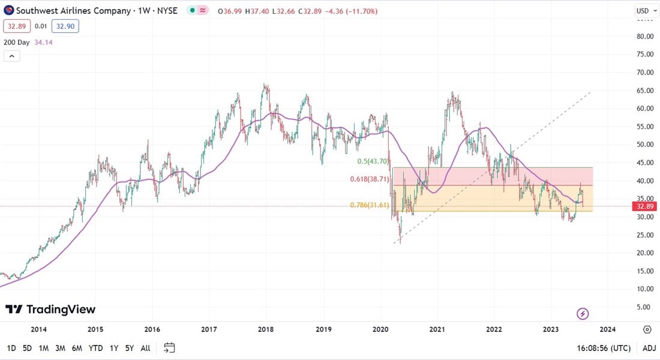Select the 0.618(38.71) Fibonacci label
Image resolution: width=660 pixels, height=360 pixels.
(x=370, y=179)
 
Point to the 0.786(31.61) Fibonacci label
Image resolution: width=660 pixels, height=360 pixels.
(x=370, y=205)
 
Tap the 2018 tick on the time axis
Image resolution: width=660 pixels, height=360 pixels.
(x=266, y=329)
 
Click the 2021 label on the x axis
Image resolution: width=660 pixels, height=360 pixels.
(x=437, y=329)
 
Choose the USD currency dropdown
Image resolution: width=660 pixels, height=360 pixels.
(x=646, y=11)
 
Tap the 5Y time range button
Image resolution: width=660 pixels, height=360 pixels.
(x=130, y=348)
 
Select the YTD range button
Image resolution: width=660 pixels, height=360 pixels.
(x=95, y=348)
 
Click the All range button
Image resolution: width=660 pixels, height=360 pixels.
(x=145, y=348)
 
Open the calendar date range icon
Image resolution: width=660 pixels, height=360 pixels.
(x=169, y=348)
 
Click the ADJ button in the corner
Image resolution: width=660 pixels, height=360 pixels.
(x=649, y=348)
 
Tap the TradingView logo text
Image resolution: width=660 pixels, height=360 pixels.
(x=50, y=310)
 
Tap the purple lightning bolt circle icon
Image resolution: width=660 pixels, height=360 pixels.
(x=582, y=313)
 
